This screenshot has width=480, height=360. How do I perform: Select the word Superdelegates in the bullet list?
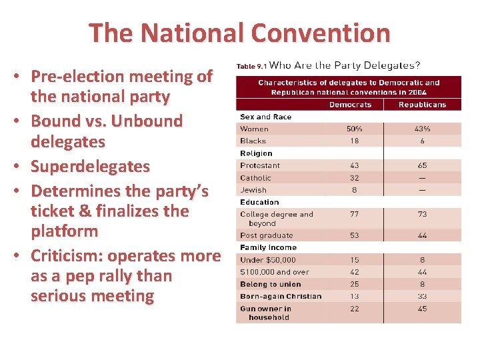(x=90, y=166)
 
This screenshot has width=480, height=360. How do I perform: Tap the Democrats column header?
(x=350, y=105)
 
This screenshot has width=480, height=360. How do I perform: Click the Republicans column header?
(x=422, y=105)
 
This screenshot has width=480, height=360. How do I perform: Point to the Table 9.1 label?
(x=251, y=66)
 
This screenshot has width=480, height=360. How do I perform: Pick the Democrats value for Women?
(x=354, y=129)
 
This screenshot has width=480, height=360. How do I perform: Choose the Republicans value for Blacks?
(x=423, y=141)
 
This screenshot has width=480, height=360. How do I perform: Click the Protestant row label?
(x=260, y=165)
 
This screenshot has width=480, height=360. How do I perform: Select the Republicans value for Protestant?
(x=423, y=165)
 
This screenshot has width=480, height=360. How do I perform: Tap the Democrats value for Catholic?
(x=354, y=178)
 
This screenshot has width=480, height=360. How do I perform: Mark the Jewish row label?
(x=253, y=190)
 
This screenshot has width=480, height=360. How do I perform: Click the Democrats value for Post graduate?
(x=354, y=235)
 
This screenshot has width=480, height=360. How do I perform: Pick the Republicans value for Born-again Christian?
(x=423, y=296)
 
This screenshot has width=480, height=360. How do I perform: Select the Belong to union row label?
(x=271, y=284)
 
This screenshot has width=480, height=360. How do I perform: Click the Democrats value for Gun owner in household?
(x=354, y=309)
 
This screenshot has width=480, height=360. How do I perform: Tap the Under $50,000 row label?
(x=268, y=260)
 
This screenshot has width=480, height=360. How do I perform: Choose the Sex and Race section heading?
(x=265, y=117)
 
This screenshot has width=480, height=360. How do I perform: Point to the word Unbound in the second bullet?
(x=147, y=121)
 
